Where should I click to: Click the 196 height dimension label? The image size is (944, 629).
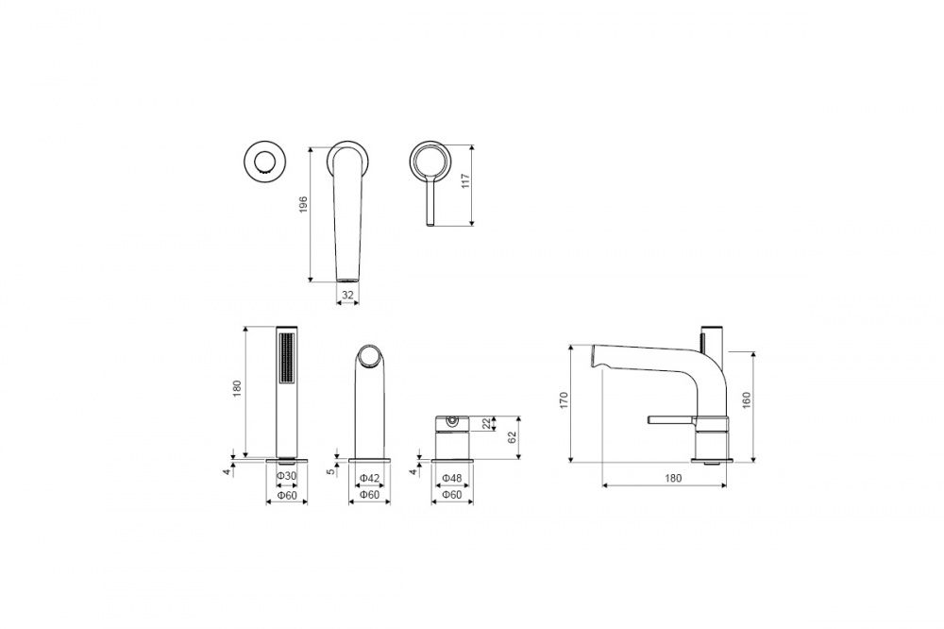(x=303, y=204)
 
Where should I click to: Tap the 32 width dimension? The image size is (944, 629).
(x=348, y=295)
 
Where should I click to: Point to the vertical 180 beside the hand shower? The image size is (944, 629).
(x=237, y=387)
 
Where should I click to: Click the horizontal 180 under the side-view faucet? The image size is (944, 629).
(x=673, y=479)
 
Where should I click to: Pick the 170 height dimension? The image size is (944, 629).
(x=564, y=400)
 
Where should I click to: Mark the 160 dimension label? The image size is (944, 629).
(x=747, y=400)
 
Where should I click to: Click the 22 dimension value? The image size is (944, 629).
(x=487, y=423)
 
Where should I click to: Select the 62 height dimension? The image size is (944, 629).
(x=513, y=437)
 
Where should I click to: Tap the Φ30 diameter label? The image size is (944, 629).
(x=287, y=476)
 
